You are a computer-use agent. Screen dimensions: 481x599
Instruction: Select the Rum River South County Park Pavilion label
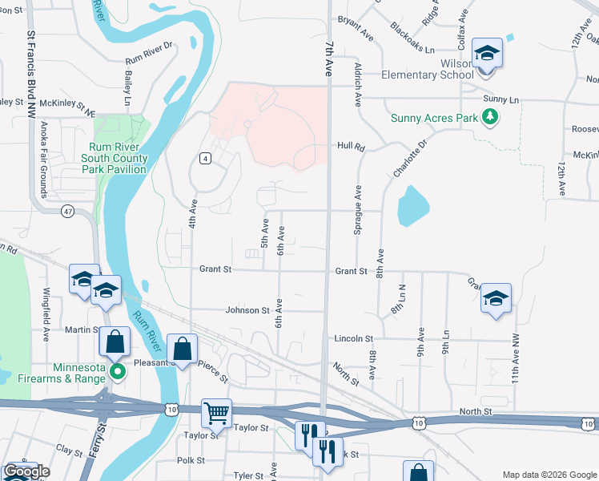pyautogui.click(x=118, y=158)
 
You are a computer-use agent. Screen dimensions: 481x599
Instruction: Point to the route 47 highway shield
pyautogui.click(x=67, y=211)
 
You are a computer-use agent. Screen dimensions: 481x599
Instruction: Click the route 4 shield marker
pyautogui.click(x=206, y=159)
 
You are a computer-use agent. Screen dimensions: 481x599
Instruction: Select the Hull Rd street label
pyautogui.click(x=351, y=148)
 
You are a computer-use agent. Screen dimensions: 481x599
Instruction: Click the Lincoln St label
pyautogui.click(x=355, y=339)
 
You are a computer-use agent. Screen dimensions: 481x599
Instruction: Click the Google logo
pyautogui.click(x=26, y=471)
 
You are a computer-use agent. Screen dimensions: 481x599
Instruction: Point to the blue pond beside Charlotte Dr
pyautogui.click(x=412, y=206)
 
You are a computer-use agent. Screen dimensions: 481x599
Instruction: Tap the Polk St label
pyautogui.click(x=191, y=460)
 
